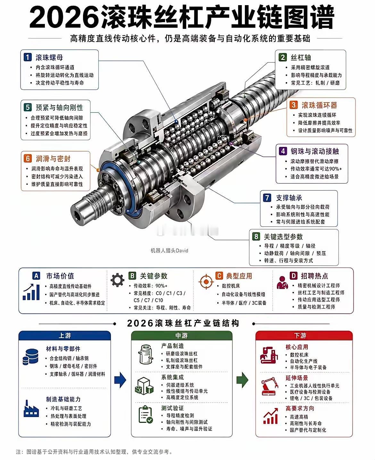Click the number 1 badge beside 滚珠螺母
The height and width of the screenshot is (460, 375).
(28, 57)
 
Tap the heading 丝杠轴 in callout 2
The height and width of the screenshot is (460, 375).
(301, 57)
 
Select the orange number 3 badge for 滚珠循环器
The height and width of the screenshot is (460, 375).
(293, 105)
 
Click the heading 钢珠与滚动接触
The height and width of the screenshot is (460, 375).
(315, 151)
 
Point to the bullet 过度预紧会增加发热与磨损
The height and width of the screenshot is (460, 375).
(59, 133)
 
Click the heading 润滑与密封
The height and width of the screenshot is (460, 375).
(53, 159)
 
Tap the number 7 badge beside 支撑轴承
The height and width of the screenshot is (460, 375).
(267, 198)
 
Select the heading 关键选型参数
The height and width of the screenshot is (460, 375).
(283, 237)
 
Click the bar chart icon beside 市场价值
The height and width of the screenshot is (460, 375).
(31, 292)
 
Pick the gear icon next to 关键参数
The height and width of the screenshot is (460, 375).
(117, 280)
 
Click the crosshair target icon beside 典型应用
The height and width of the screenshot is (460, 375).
(206, 282)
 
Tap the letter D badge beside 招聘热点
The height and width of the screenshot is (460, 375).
(293, 276)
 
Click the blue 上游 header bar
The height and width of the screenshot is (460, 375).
(65, 336)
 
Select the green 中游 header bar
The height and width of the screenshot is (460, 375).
(182, 336)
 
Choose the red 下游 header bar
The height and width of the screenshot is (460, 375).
(300, 336)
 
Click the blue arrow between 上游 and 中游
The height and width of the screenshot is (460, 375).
(120, 380)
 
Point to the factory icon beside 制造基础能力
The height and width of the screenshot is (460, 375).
(31, 408)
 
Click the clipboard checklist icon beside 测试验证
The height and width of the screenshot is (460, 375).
(146, 414)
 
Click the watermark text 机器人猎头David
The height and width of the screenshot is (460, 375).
(169, 251)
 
